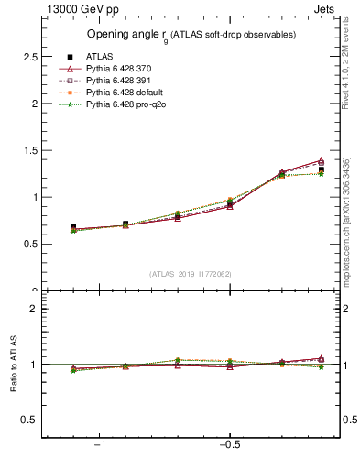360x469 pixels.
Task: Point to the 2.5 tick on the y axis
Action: coord(31,57)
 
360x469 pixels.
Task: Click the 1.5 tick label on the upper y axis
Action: coord(31,150)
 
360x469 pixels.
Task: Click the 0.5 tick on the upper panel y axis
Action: coord(31,244)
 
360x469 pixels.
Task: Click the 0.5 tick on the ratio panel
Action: coord(31,420)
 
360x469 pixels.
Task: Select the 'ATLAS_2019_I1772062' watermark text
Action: coord(191,274)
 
